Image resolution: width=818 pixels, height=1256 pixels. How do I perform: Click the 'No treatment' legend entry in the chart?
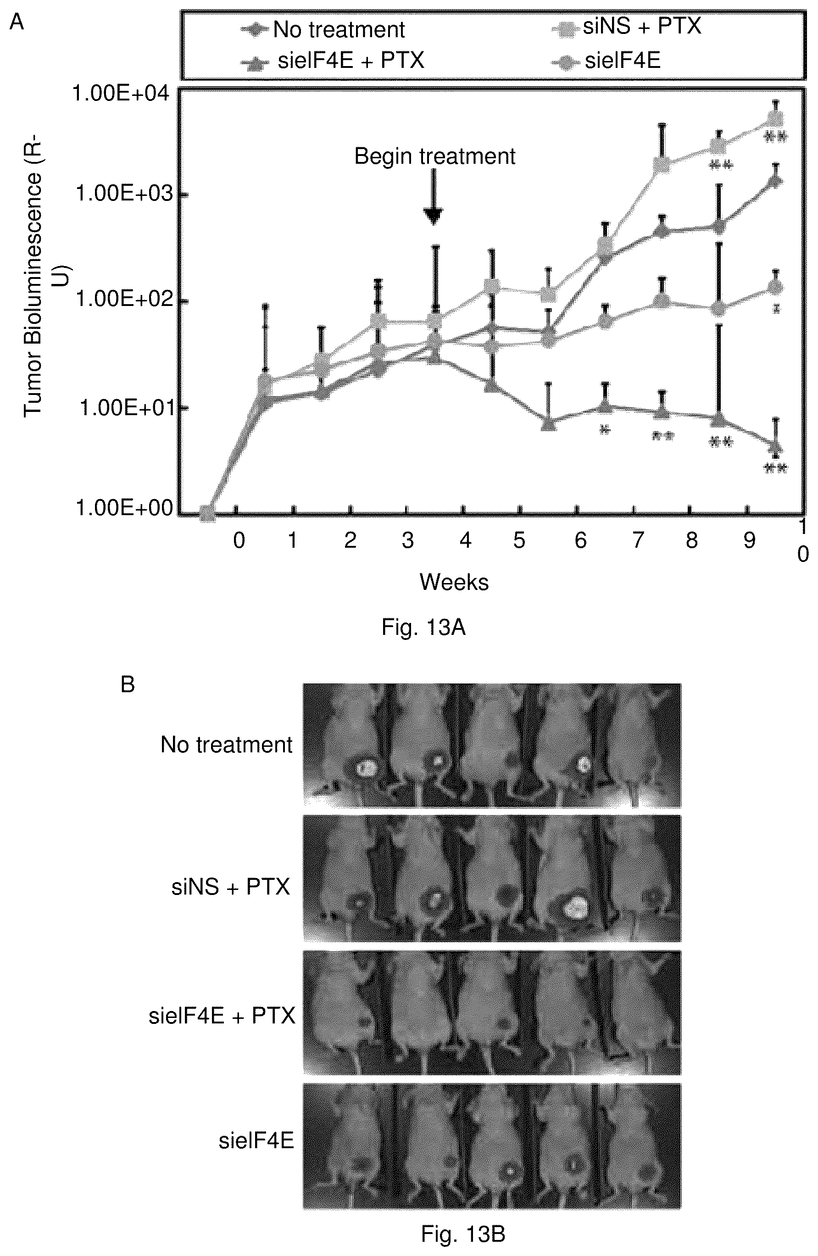click(x=323, y=29)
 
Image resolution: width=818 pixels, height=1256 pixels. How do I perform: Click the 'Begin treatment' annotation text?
click(x=434, y=157)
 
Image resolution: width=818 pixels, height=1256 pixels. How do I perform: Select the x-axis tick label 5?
click(x=519, y=540)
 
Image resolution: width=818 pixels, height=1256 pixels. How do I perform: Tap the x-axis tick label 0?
click(x=239, y=540)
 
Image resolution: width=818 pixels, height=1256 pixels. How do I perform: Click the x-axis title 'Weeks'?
click(x=454, y=582)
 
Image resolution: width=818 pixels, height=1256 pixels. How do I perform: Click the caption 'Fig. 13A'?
click(x=423, y=628)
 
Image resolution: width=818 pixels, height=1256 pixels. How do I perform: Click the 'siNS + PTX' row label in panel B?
click(x=231, y=887)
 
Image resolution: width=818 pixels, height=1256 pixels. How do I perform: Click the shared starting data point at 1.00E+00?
click(x=208, y=513)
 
